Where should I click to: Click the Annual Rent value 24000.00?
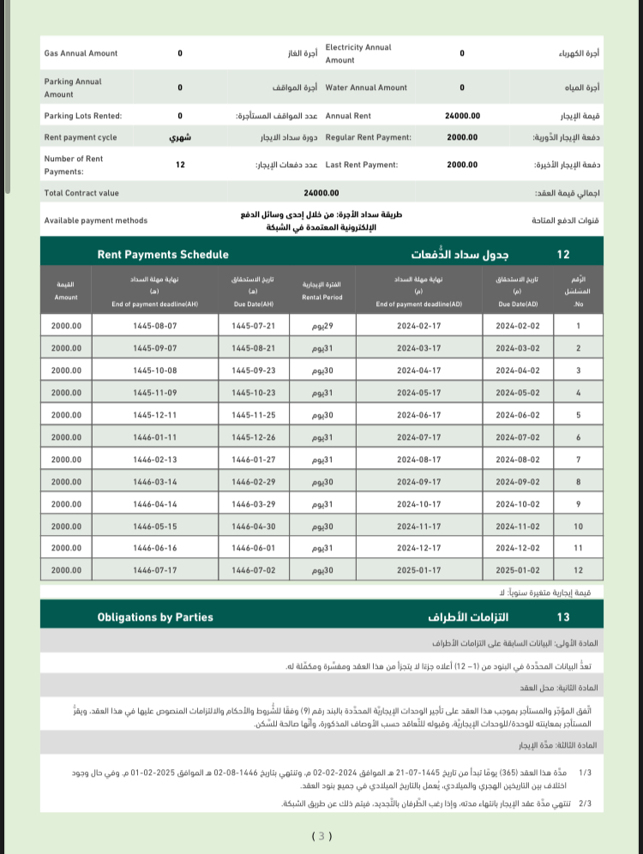[x=462, y=116]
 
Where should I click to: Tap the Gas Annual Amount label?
[x=81, y=53]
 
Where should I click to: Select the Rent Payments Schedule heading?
[x=163, y=255]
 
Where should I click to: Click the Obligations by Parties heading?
[x=155, y=616]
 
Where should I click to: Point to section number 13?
[x=563, y=616]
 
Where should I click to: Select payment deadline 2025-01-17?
[x=418, y=570]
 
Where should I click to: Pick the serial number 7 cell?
[x=578, y=460]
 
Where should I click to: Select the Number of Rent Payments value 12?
[x=180, y=164]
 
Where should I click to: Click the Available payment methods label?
[x=95, y=220]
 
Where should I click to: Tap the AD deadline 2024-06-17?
[x=418, y=415]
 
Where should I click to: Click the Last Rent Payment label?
[x=368, y=164]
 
